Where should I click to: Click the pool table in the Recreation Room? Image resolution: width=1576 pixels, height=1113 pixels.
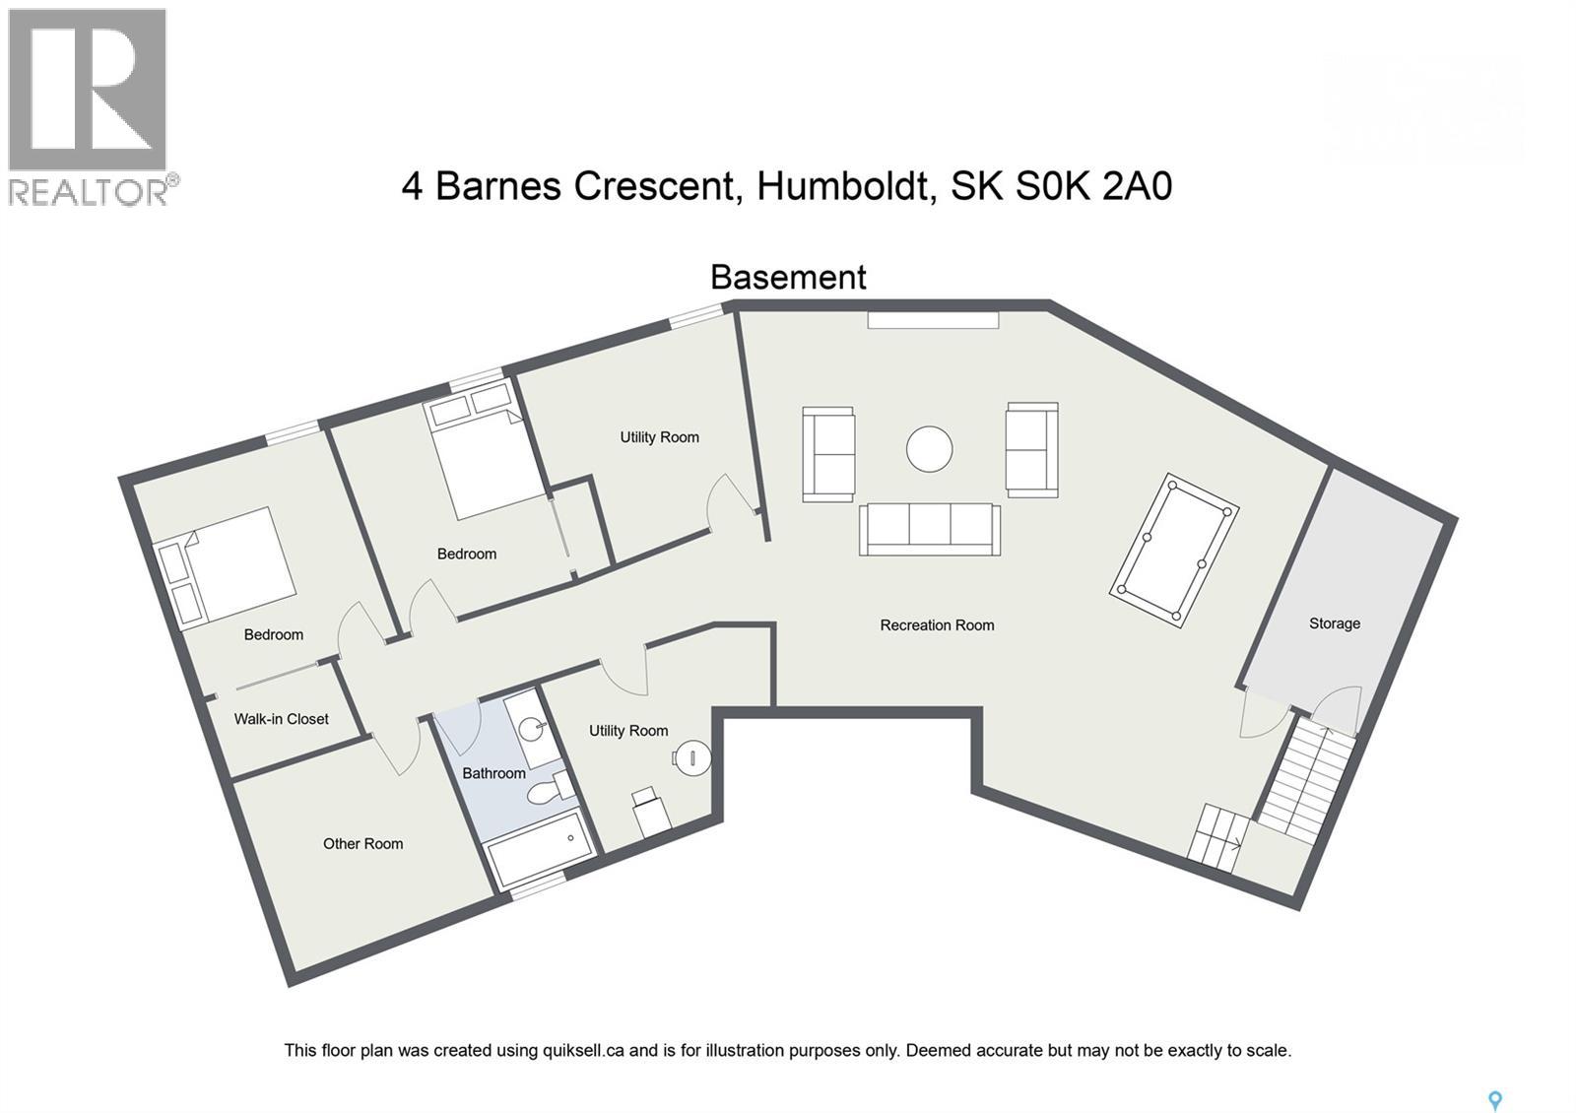1173,550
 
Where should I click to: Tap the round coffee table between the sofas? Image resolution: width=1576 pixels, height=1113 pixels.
929,449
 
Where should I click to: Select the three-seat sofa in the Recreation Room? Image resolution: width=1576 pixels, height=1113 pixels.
929,529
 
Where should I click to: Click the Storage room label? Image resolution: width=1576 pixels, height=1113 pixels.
1334,623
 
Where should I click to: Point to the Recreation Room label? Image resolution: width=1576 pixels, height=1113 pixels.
937,625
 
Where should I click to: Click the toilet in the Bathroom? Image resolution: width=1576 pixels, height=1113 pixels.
549,790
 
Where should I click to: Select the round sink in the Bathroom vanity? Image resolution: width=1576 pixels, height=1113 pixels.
532,729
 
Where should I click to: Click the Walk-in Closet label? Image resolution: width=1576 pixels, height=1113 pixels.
281,719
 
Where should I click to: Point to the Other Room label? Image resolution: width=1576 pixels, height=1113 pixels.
362,844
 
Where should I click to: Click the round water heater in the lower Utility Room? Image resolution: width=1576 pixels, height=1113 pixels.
691,757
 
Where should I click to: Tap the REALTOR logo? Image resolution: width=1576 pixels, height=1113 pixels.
89,106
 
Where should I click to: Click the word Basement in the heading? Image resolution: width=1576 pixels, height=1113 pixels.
788,278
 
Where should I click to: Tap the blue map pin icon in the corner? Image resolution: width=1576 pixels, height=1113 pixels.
1494,1100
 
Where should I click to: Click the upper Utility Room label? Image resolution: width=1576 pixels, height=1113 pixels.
659,437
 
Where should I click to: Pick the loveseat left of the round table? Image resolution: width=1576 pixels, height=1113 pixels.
828,454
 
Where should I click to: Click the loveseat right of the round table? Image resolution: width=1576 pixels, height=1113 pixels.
1031,449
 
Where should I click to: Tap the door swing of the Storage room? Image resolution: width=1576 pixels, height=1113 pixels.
1261,716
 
